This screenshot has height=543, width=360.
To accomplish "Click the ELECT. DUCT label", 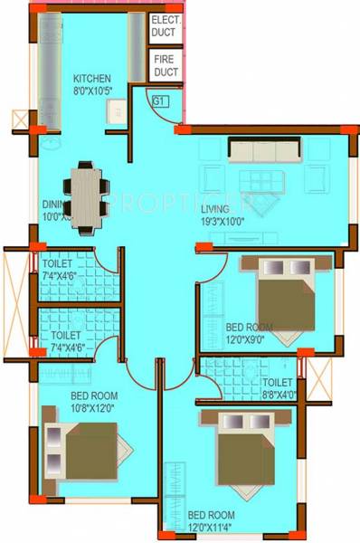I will click(x=166, y=24).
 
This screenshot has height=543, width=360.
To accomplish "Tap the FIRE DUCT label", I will click(x=166, y=65).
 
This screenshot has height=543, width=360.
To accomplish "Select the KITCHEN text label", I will click(x=92, y=79).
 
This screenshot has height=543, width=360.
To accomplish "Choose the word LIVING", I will click(x=215, y=207).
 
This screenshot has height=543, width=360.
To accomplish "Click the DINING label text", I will click(x=52, y=204).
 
